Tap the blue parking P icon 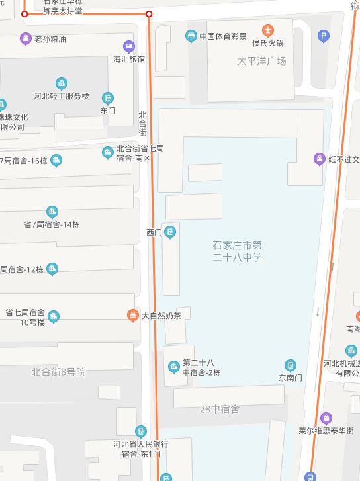tap(323, 37)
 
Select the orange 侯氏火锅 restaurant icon tap(267, 30)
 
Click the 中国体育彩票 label tap(223, 36)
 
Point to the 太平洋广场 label tap(261, 61)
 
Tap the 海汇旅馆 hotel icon tap(128, 46)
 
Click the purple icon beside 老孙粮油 tap(25, 39)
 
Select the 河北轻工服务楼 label tap(62, 96)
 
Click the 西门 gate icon tap(170, 232)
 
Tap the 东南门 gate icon tap(290, 365)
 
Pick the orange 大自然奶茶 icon tap(132, 316)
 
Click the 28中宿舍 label tap(220, 409)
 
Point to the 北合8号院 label tap(58, 372)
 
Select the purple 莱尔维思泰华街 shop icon tap(325, 418)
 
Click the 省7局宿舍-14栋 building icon tap(52, 212)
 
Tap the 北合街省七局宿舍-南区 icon tap(107, 153)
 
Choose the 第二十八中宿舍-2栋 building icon tap(173, 367)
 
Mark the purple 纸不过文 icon tap(319, 159)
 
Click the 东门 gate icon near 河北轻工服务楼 tap(107, 99)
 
